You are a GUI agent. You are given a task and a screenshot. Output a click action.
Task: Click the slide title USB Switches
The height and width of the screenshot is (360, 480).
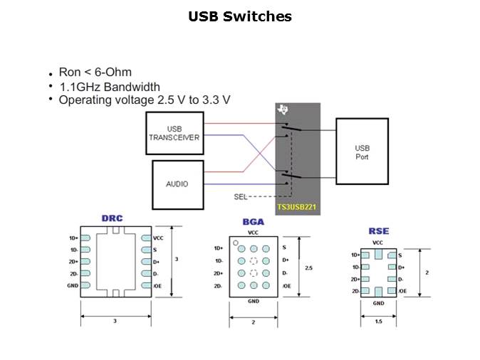[x=240, y=16]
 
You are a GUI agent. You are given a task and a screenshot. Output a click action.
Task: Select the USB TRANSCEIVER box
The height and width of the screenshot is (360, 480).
[x=174, y=132]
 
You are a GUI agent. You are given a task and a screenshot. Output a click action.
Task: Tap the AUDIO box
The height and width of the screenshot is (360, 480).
[x=177, y=184]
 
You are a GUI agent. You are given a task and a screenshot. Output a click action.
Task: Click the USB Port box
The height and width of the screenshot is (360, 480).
[x=362, y=152]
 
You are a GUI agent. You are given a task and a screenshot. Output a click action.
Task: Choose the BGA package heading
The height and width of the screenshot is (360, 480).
[x=253, y=222]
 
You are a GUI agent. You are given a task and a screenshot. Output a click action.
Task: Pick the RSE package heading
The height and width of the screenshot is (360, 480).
[x=378, y=231]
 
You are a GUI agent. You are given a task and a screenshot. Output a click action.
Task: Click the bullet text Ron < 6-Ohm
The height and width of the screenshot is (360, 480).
[x=95, y=73]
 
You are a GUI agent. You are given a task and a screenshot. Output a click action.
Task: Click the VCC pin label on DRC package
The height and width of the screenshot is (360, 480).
[x=157, y=238]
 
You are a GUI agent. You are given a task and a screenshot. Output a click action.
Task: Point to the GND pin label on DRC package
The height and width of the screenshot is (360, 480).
[x=73, y=285]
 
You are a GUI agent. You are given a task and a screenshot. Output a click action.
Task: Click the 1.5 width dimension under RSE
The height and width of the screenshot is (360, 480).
[x=378, y=321]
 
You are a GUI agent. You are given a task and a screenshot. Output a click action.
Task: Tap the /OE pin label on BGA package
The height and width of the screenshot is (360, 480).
[x=286, y=285]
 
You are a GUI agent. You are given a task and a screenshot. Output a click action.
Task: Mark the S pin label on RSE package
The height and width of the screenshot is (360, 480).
[x=400, y=255]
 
